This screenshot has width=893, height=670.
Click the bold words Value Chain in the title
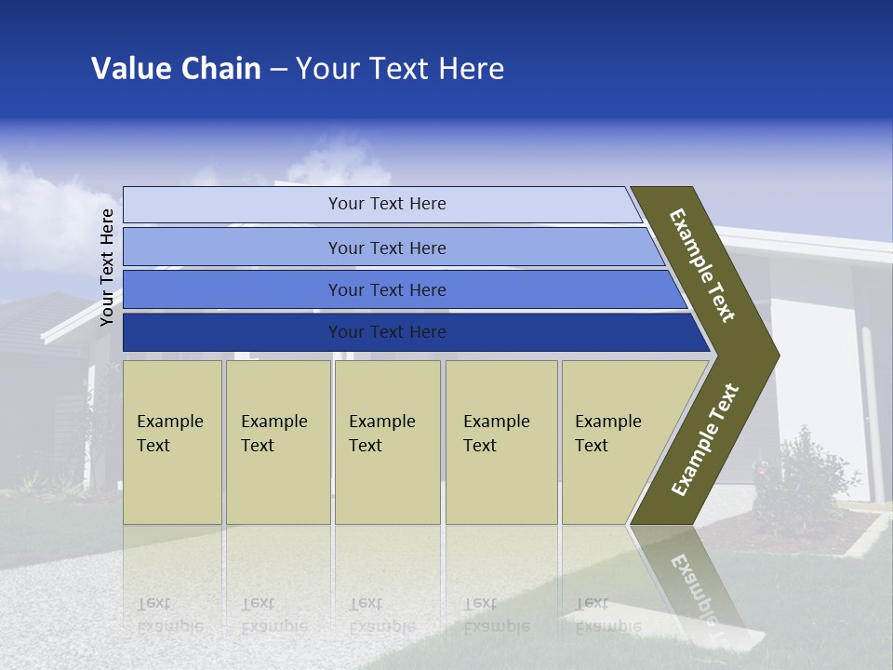(176, 69)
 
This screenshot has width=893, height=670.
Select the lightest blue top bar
(233, 205)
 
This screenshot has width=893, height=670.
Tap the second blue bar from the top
(233, 248)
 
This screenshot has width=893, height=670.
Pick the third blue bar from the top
(233, 290)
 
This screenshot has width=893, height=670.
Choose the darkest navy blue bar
(233, 332)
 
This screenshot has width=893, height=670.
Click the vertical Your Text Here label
(107, 267)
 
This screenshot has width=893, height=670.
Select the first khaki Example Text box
(172, 442)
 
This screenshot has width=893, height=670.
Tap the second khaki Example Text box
(278, 442)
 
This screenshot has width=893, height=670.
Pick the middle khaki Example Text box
(387, 442)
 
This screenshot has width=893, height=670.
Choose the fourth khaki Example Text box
(501, 442)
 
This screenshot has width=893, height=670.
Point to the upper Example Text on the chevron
(703, 265)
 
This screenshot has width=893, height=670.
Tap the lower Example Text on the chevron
(705, 440)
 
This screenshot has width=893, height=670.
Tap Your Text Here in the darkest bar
(387, 332)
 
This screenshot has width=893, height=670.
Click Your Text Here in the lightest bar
(387, 204)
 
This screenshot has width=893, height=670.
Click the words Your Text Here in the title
(400, 69)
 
